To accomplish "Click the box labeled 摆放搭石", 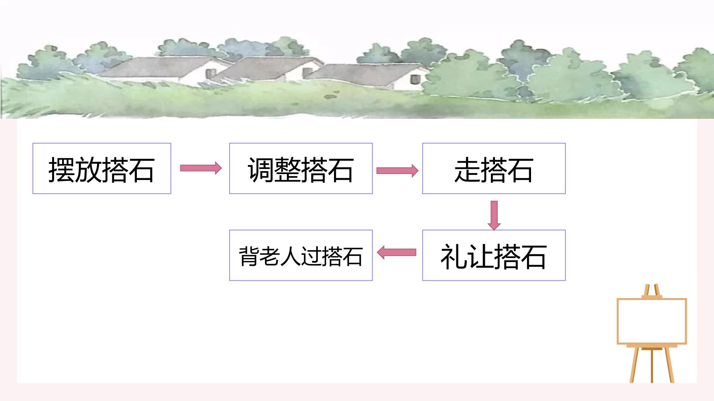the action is tap(102, 168).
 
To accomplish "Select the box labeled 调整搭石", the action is tap(301, 168).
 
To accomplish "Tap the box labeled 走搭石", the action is tap(494, 168).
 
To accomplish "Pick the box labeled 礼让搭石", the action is tap(494, 255).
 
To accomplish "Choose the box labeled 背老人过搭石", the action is tap(301, 255).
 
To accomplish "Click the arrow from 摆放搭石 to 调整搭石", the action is tap(201, 168).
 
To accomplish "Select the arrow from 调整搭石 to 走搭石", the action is tap(397, 170).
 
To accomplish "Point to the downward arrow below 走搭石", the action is tap(494, 215).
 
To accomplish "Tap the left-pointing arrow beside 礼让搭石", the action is tap(396, 253).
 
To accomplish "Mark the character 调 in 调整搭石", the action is tap(261, 170).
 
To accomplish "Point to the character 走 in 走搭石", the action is tap(467, 170).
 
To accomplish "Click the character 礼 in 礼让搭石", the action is tap(454, 257).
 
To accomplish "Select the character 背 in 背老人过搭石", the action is tap(249, 256).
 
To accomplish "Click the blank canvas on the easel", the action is tap(652, 321).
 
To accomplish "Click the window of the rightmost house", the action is tap(415, 79).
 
